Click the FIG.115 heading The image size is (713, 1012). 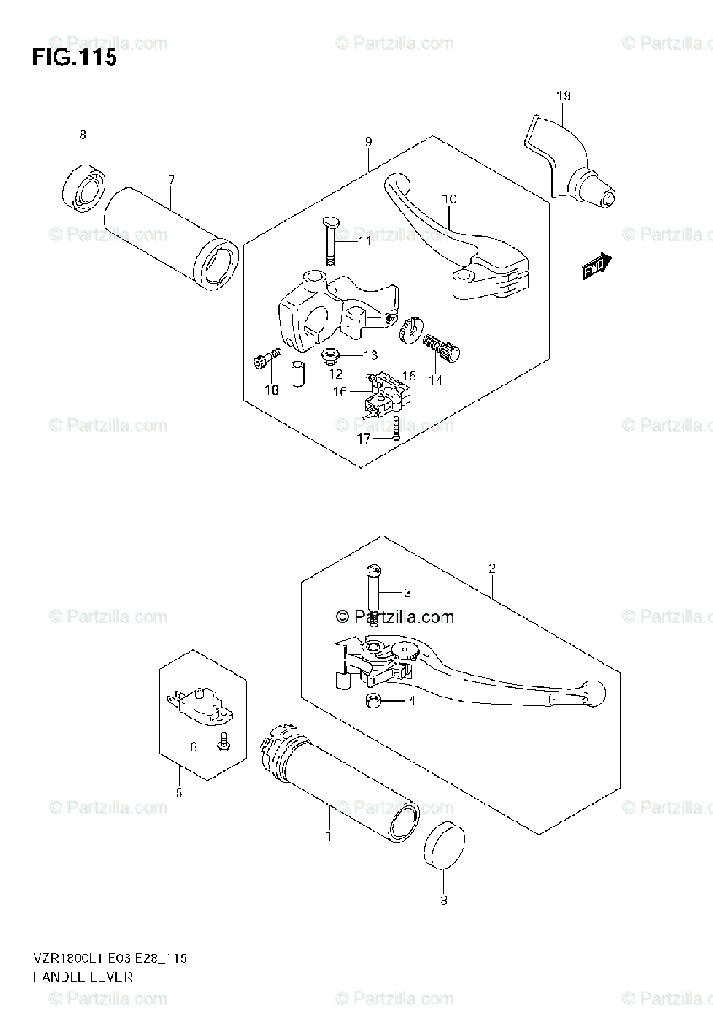pyautogui.click(x=73, y=58)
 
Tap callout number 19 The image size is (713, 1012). pyautogui.click(x=563, y=96)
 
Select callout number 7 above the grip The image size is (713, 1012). pyautogui.click(x=171, y=180)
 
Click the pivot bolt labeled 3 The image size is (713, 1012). pyautogui.click(x=373, y=590)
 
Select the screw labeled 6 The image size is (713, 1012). pyautogui.click(x=223, y=742)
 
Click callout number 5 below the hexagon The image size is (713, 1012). pyautogui.click(x=179, y=792)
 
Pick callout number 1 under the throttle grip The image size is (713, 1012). pyautogui.click(x=328, y=836)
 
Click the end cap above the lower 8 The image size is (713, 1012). pyautogui.click(x=444, y=846)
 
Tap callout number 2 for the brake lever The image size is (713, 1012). pyautogui.click(x=491, y=569)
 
